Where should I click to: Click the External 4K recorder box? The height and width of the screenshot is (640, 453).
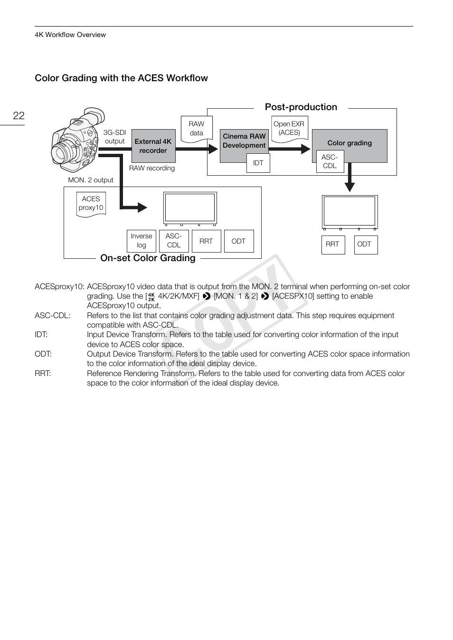153,146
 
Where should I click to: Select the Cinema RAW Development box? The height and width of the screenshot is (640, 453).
244,141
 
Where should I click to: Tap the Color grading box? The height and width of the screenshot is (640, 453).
349,143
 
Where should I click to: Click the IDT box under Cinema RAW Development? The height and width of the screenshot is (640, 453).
258,163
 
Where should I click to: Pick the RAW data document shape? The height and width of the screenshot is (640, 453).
196,129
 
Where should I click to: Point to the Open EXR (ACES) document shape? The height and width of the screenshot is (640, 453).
289,129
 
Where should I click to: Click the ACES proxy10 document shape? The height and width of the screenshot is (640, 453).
91,204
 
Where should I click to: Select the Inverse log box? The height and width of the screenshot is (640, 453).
142,241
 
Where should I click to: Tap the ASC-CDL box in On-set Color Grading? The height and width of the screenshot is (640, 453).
174,241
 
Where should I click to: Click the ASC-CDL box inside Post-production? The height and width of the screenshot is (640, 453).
330,161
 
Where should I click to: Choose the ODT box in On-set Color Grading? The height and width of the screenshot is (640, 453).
238,241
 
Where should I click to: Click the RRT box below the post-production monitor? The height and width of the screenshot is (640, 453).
332,245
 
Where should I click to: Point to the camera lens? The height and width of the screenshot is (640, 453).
61,153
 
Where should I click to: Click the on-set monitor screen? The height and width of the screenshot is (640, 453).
190,207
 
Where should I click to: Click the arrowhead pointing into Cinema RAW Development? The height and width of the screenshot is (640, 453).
212,149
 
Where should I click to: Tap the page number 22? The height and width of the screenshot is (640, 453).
19,116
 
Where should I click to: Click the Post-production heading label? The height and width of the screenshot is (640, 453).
301,107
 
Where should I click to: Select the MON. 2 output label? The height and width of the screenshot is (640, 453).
91,180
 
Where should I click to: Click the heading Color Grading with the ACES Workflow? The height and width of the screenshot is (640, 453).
121,78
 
